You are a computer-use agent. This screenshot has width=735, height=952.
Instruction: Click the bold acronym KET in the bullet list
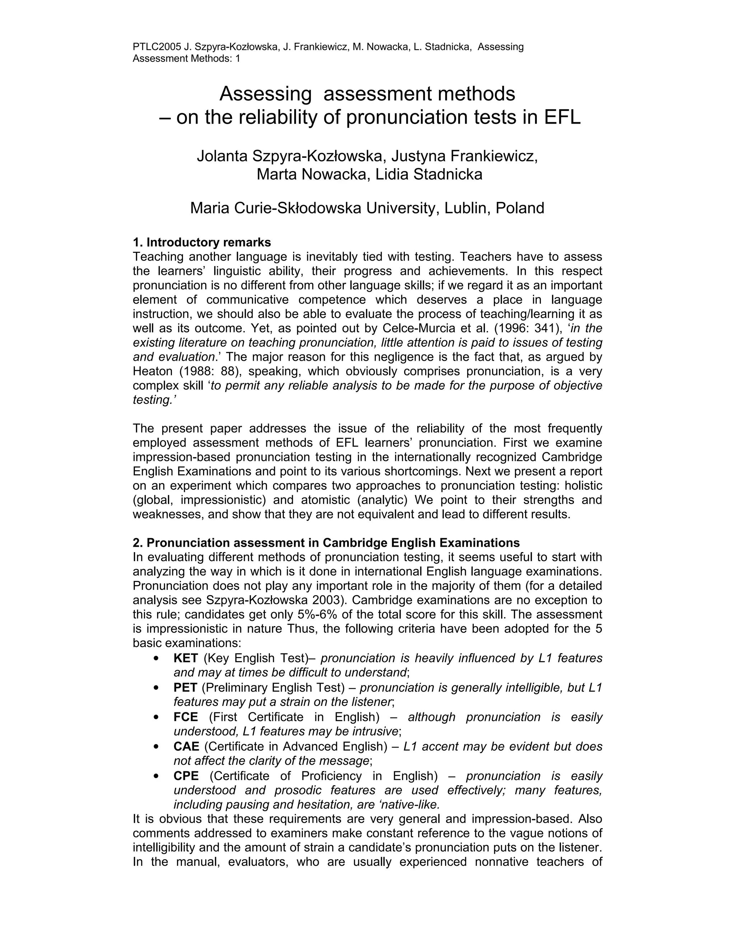click(x=186, y=658)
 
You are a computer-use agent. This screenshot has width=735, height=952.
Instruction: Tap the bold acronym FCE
click(x=186, y=717)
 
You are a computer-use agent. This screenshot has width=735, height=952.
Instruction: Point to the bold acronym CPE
click(x=186, y=776)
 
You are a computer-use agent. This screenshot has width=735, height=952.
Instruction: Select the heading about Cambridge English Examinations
click(x=326, y=543)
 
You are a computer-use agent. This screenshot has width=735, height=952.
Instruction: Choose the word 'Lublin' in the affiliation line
click(x=463, y=208)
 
